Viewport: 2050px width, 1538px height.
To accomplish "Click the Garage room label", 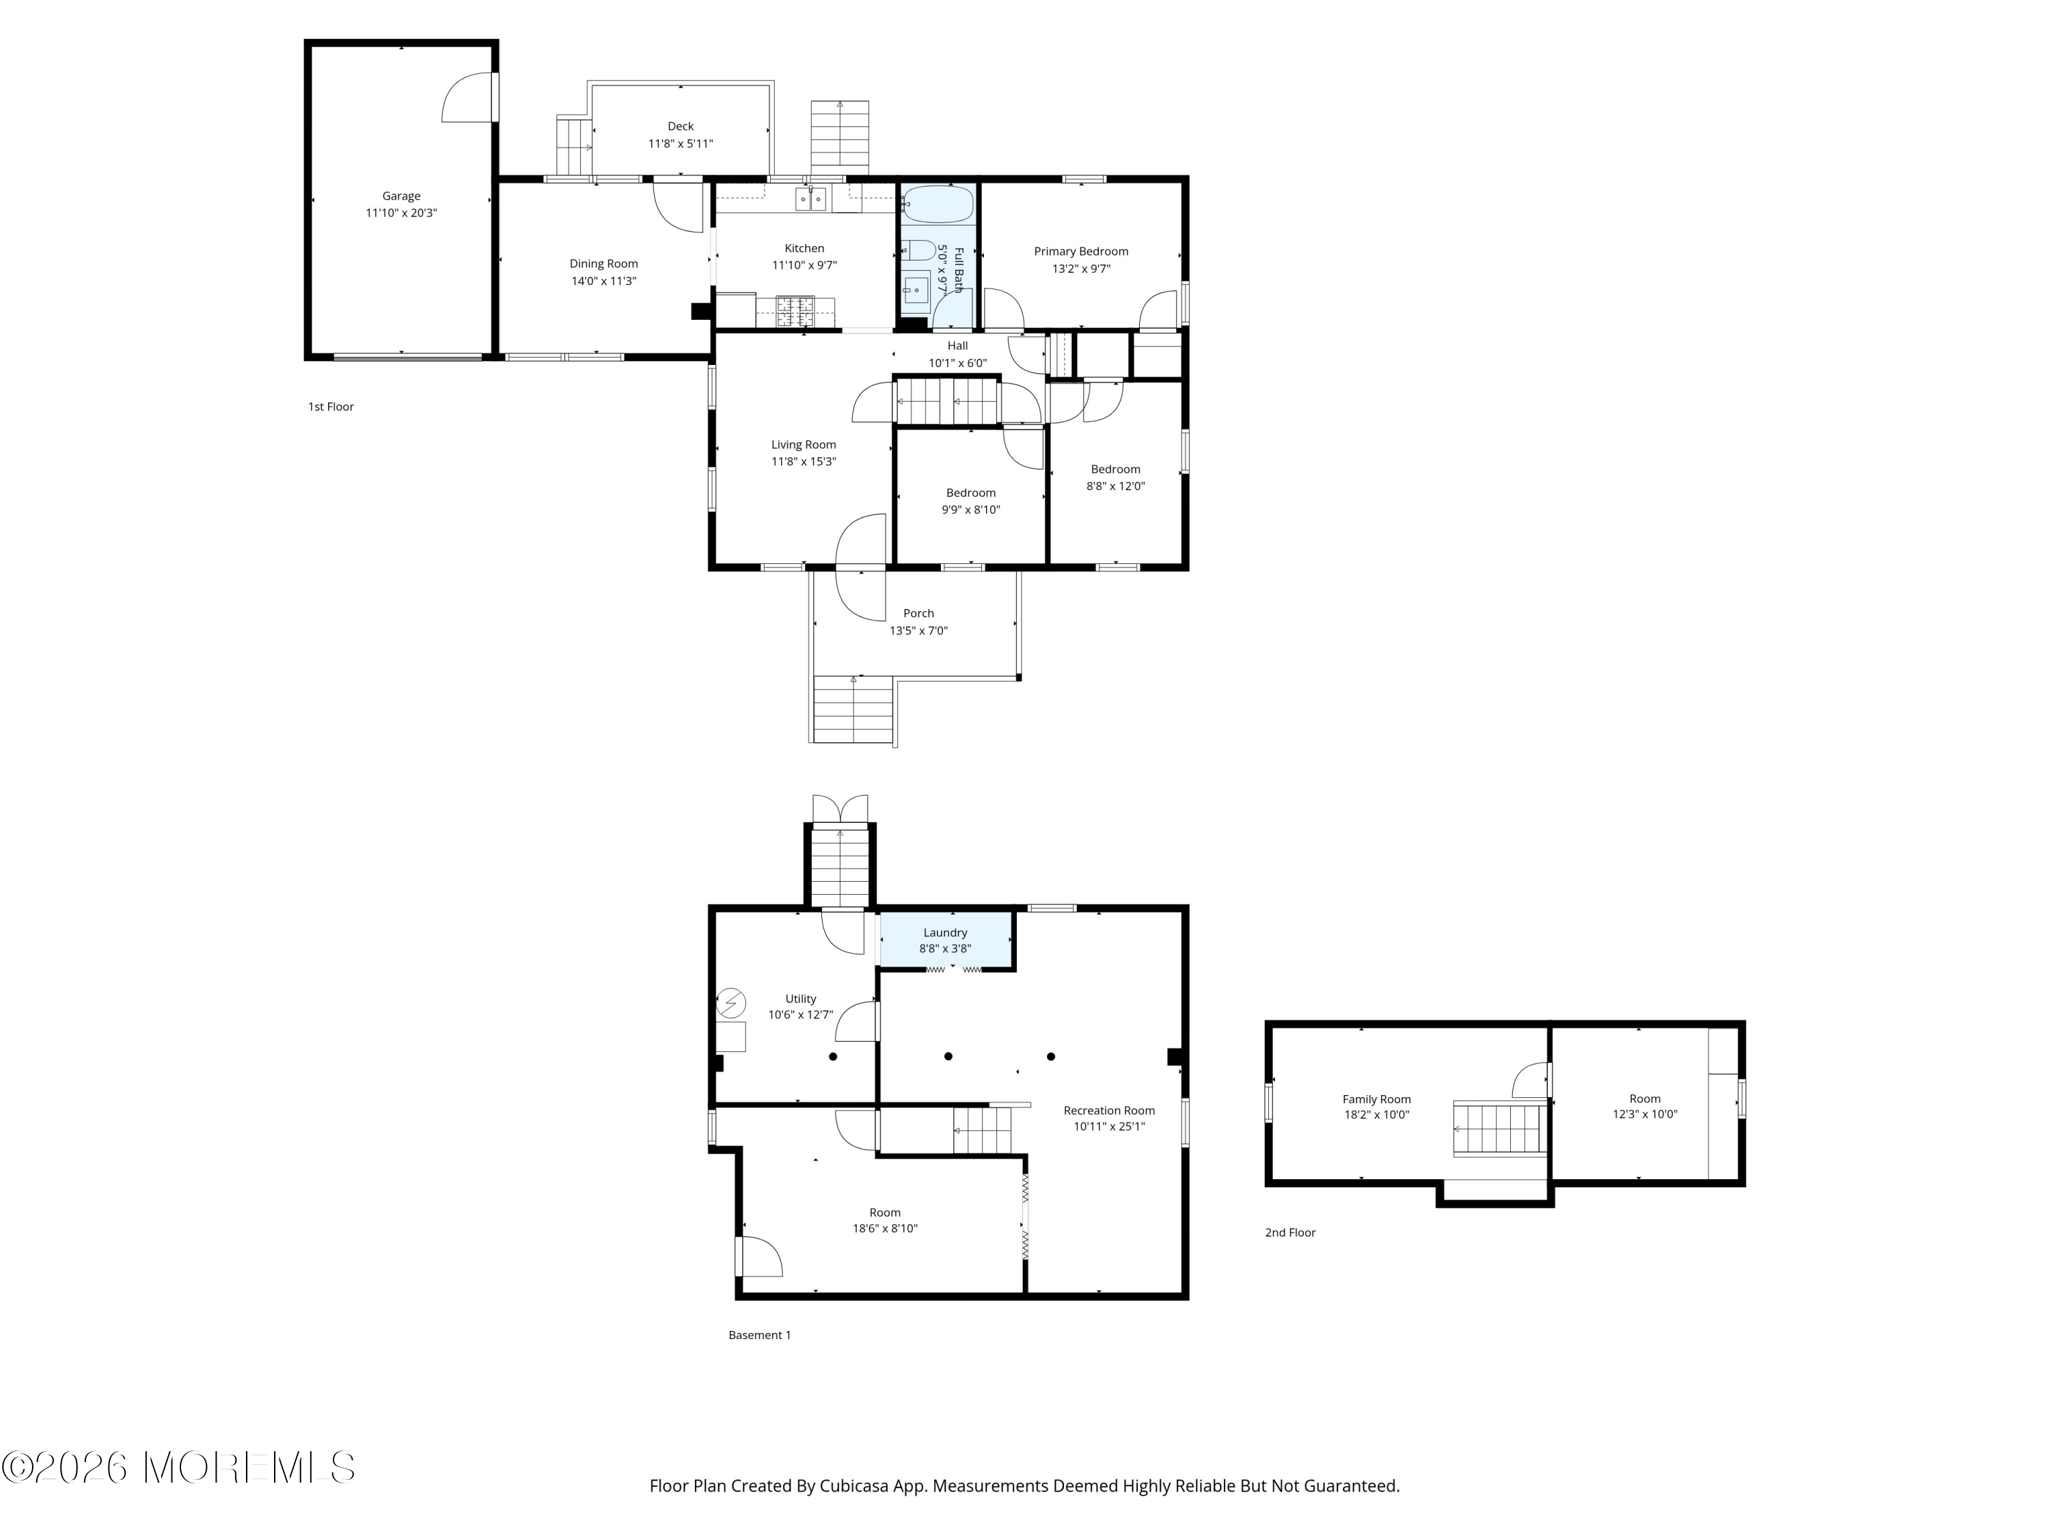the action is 401,195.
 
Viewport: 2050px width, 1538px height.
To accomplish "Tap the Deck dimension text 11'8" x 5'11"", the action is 680,144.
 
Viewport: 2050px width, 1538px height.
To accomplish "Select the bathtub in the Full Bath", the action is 938,204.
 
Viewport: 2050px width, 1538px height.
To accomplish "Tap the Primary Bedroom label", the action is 1080,252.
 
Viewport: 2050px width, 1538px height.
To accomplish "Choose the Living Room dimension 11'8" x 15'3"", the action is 804,461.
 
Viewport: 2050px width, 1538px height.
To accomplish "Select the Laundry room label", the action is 945,932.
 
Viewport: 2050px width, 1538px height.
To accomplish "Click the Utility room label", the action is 801,999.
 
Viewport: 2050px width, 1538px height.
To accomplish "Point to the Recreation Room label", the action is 1109,1111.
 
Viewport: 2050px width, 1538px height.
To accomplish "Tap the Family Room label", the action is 1376,1099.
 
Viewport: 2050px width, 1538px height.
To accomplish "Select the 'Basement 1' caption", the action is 759,1335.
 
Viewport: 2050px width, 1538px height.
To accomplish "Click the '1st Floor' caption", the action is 331,407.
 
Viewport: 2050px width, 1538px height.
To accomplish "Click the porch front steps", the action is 853,710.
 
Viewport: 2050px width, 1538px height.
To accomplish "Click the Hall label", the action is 957,346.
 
